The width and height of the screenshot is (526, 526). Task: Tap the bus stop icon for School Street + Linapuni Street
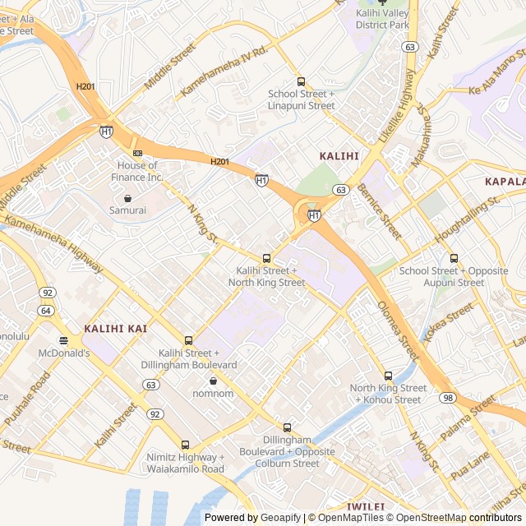pos(302,81)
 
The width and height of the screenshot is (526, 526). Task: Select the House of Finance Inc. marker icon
pos(137,153)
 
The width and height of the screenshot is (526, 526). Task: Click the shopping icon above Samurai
pos(128,198)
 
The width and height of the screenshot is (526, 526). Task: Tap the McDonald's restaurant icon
pos(63,340)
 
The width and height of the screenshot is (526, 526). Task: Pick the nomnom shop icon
pos(214,381)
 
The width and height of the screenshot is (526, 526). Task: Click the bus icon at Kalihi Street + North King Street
pos(265,258)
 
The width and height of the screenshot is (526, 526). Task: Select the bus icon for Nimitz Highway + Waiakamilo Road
pos(185,445)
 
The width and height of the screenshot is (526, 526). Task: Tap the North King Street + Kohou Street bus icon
pos(388,376)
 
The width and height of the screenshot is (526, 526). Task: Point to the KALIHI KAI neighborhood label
pos(115,329)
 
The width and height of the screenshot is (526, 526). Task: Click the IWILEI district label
pos(367,507)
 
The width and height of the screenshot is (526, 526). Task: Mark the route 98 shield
pos(447,398)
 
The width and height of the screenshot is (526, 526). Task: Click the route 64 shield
pos(46,310)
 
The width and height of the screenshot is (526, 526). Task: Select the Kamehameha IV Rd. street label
pos(224,73)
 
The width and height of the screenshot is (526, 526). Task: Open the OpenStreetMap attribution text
pos(427,518)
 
